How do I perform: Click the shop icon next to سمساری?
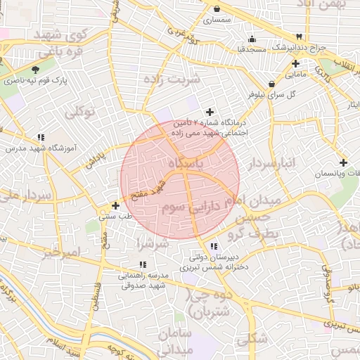click(x=217, y=9)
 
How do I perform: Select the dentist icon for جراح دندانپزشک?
click(x=300, y=36)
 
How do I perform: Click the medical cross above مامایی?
click(x=297, y=63)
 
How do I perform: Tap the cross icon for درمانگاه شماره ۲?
click(x=210, y=111)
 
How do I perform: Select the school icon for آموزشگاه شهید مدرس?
click(x=41, y=137)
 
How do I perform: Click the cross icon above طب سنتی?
click(x=115, y=205)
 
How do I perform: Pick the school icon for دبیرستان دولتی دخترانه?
click(x=214, y=246)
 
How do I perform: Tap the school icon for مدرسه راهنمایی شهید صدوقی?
click(x=142, y=264)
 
